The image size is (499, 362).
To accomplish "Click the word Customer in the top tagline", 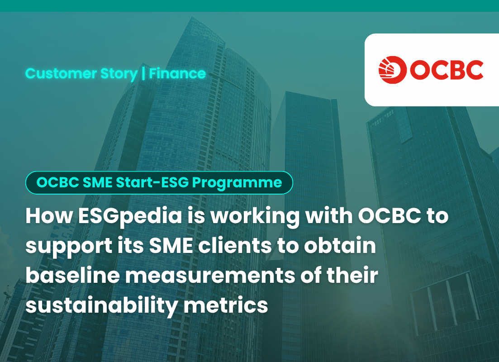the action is (x=61, y=74).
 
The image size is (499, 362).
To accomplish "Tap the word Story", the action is (x=119, y=74).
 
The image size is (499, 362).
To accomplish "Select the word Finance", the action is (x=177, y=74).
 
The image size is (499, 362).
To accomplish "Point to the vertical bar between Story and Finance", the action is (x=143, y=74).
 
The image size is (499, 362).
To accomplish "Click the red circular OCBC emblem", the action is (x=392, y=70).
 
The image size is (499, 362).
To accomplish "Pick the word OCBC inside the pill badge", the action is (x=57, y=182).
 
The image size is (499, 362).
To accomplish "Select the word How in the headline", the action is (x=49, y=216).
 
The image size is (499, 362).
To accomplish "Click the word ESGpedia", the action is (x=130, y=217).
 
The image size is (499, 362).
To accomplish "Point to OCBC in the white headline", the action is (x=390, y=216).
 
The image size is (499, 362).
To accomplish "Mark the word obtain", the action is (x=340, y=246).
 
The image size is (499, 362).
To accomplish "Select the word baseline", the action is (x=72, y=275).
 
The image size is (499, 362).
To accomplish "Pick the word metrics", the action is (x=226, y=305).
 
